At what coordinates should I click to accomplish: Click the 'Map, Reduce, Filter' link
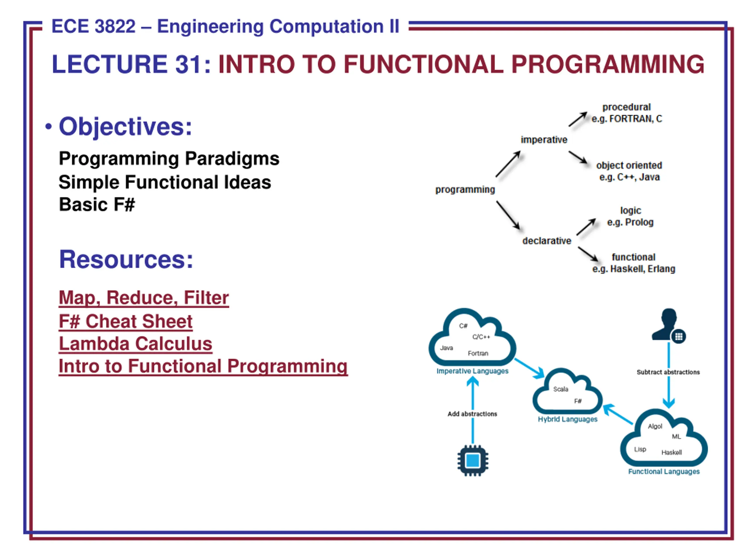tap(144, 298)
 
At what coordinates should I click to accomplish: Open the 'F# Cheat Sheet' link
tap(126, 321)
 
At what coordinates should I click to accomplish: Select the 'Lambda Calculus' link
tap(135, 344)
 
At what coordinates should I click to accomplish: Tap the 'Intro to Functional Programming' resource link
tap(203, 366)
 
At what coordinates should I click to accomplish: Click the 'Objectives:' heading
tap(125, 126)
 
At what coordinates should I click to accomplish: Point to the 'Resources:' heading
tap(126, 259)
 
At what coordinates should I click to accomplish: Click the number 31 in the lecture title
tap(189, 64)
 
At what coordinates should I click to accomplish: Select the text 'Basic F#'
tap(97, 204)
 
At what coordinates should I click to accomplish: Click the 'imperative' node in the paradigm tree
tap(544, 140)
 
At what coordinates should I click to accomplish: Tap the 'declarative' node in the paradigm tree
tap(547, 241)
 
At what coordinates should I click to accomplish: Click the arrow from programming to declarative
tap(508, 216)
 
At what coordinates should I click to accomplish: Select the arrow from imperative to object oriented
tap(578, 157)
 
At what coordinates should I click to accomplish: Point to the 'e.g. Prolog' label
tap(630, 222)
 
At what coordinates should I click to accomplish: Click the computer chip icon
tap(473, 461)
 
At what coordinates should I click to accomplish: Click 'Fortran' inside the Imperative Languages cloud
tap(478, 353)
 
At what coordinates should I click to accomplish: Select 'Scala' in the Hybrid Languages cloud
tap(561, 389)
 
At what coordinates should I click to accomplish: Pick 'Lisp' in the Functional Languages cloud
tap(640, 449)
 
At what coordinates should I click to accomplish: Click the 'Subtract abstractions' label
tap(668, 372)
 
